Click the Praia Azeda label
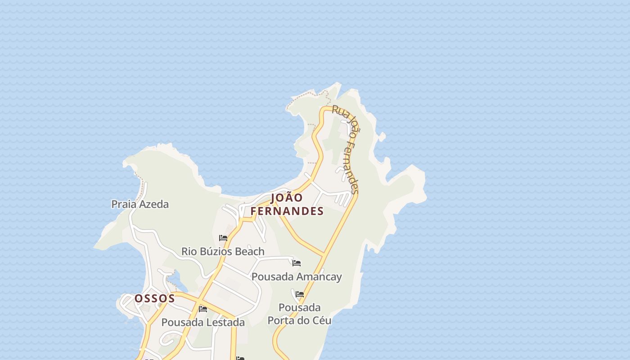click(x=140, y=204)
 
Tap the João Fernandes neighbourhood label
click(x=287, y=204)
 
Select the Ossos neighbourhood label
click(x=155, y=298)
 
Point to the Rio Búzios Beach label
click(x=223, y=251)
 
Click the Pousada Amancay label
click(x=297, y=276)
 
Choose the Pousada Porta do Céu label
click(x=300, y=314)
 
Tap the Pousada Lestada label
click(x=203, y=322)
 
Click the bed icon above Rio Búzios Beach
click(x=223, y=238)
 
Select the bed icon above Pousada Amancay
click(x=297, y=263)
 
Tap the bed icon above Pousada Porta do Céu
click(x=300, y=294)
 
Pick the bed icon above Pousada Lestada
click(x=203, y=309)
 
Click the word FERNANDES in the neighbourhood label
click(x=287, y=211)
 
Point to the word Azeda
click(x=154, y=204)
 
